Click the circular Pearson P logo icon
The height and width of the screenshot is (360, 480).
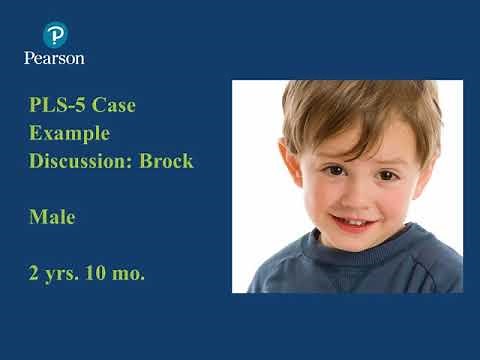point(54,35)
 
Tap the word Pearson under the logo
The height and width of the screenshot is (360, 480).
point(54,58)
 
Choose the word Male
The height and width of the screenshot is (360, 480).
point(53,216)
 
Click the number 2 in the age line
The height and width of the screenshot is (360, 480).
point(35,272)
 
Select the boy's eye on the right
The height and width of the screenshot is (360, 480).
point(385,174)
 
